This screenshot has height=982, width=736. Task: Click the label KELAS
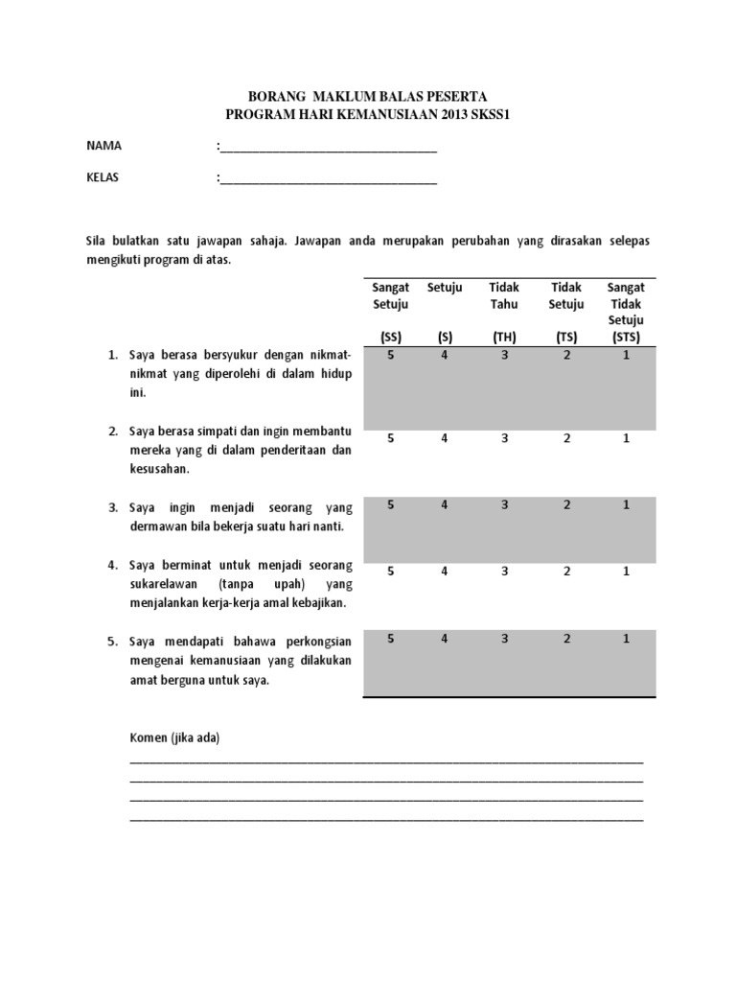[103, 177]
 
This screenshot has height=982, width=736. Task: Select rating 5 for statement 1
[390, 355]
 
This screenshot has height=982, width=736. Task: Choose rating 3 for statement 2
[504, 438]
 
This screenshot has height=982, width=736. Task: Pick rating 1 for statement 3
[626, 504]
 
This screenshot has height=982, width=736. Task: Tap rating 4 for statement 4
[444, 572]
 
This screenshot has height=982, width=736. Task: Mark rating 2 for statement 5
[566, 638]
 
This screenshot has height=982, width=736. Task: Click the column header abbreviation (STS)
[626, 337]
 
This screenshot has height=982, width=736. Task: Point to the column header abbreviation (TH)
[504, 337]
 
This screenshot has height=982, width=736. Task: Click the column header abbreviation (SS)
[390, 337]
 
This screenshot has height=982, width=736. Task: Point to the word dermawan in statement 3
[157, 526]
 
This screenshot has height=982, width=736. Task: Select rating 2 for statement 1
[566, 355]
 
